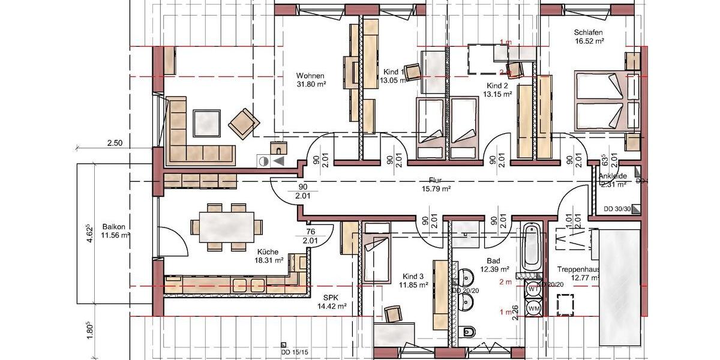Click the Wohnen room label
coord(310,76)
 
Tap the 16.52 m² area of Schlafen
coord(588,41)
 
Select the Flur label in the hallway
coord(436,179)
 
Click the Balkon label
coord(113,227)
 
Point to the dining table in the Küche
coord(226,227)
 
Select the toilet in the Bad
coord(469,332)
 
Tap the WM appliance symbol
coord(533,308)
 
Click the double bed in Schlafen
coord(603,100)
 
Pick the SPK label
coord(332,298)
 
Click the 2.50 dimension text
coord(115,143)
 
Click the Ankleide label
coord(613,176)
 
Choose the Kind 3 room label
coord(413,277)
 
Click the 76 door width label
coord(310,232)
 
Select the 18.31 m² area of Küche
coord(271,261)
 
